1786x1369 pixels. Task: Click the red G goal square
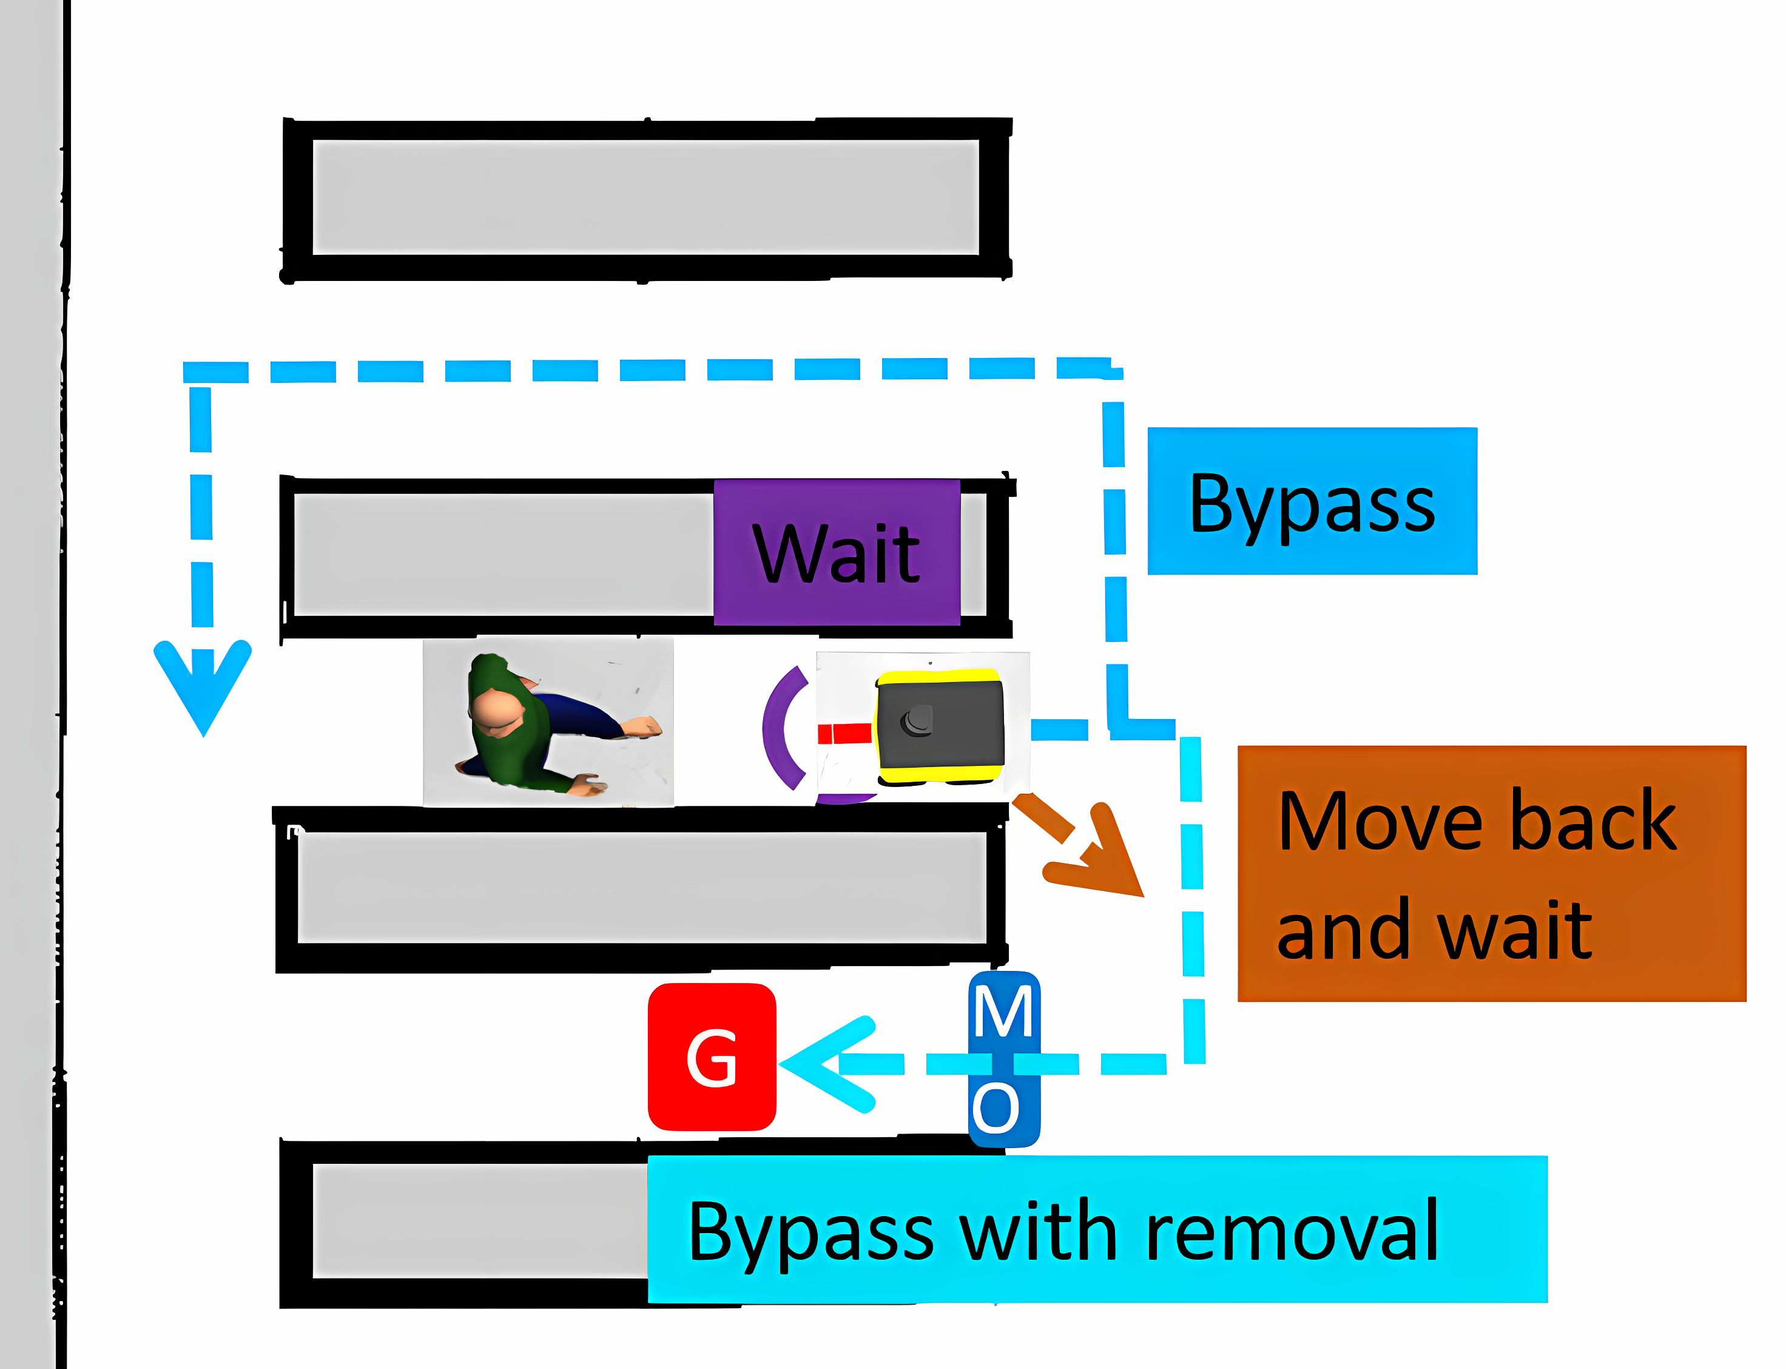point(711,1057)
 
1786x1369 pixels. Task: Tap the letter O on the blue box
point(996,1108)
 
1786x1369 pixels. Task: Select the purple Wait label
point(836,552)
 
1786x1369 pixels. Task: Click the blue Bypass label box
point(1312,501)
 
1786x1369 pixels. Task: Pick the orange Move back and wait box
point(1491,874)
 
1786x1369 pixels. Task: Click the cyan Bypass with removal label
point(1097,1229)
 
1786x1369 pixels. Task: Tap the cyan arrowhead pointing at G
point(823,1063)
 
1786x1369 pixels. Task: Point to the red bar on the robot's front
point(845,734)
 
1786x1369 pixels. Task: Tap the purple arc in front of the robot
point(779,727)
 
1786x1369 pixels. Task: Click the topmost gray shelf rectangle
point(645,197)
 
